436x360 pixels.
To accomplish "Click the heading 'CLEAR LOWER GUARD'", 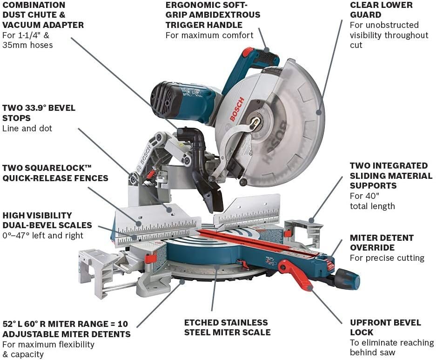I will pos(381,10).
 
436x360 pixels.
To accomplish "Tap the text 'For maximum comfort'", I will pos(209,35).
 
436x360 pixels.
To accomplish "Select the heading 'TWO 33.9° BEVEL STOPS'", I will pos(39,113).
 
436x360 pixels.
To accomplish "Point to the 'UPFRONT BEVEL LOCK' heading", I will pos(385,327).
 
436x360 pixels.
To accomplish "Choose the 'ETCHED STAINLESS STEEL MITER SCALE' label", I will pos(227,327).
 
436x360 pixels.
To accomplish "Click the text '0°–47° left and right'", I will pos(43,236).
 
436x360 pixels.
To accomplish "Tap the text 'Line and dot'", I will pos(27,129).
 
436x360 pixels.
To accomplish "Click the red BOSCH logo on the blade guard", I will pos(236,110).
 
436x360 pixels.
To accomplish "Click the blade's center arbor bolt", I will pos(255,122).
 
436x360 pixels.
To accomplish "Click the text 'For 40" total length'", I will pos(372,201).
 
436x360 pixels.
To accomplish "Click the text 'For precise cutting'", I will pos(387,258).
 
